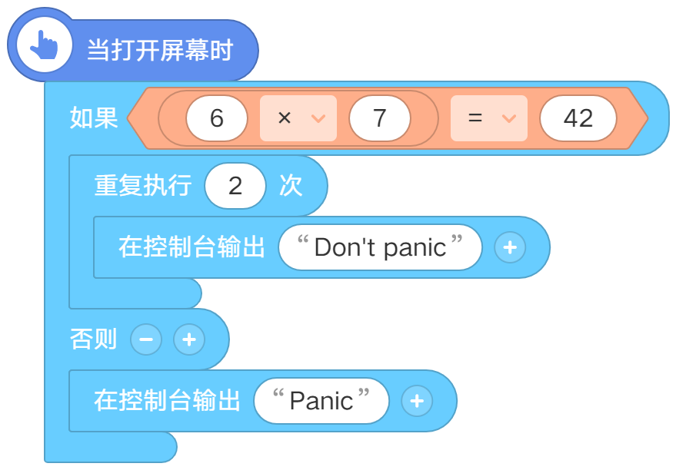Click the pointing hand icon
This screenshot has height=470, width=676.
tap(44, 45)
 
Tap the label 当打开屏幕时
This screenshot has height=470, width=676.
tap(160, 51)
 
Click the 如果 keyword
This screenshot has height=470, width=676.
tap(94, 118)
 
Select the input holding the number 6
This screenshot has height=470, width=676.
tap(216, 118)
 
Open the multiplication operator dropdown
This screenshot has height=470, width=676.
tap(298, 118)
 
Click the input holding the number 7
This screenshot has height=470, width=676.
tap(379, 118)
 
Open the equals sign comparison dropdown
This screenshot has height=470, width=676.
tap(489, 118)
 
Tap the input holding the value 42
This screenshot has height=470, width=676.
tap(578, 118)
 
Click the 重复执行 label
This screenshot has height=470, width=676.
tap(143, 186)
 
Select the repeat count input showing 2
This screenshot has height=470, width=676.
tap(235, 186)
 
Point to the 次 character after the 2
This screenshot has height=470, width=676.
tap(291, 186)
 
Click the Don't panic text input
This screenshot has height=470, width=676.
tap(380, 247)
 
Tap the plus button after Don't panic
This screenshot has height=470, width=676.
tap(510, 247)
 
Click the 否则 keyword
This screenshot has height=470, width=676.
tap(94, 339)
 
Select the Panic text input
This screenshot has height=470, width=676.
tap(321, 401)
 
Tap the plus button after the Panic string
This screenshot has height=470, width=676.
tap(417, 401)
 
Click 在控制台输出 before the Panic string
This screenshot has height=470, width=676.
tap(168, 401)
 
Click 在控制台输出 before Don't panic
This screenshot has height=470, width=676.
tap(191, 247)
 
